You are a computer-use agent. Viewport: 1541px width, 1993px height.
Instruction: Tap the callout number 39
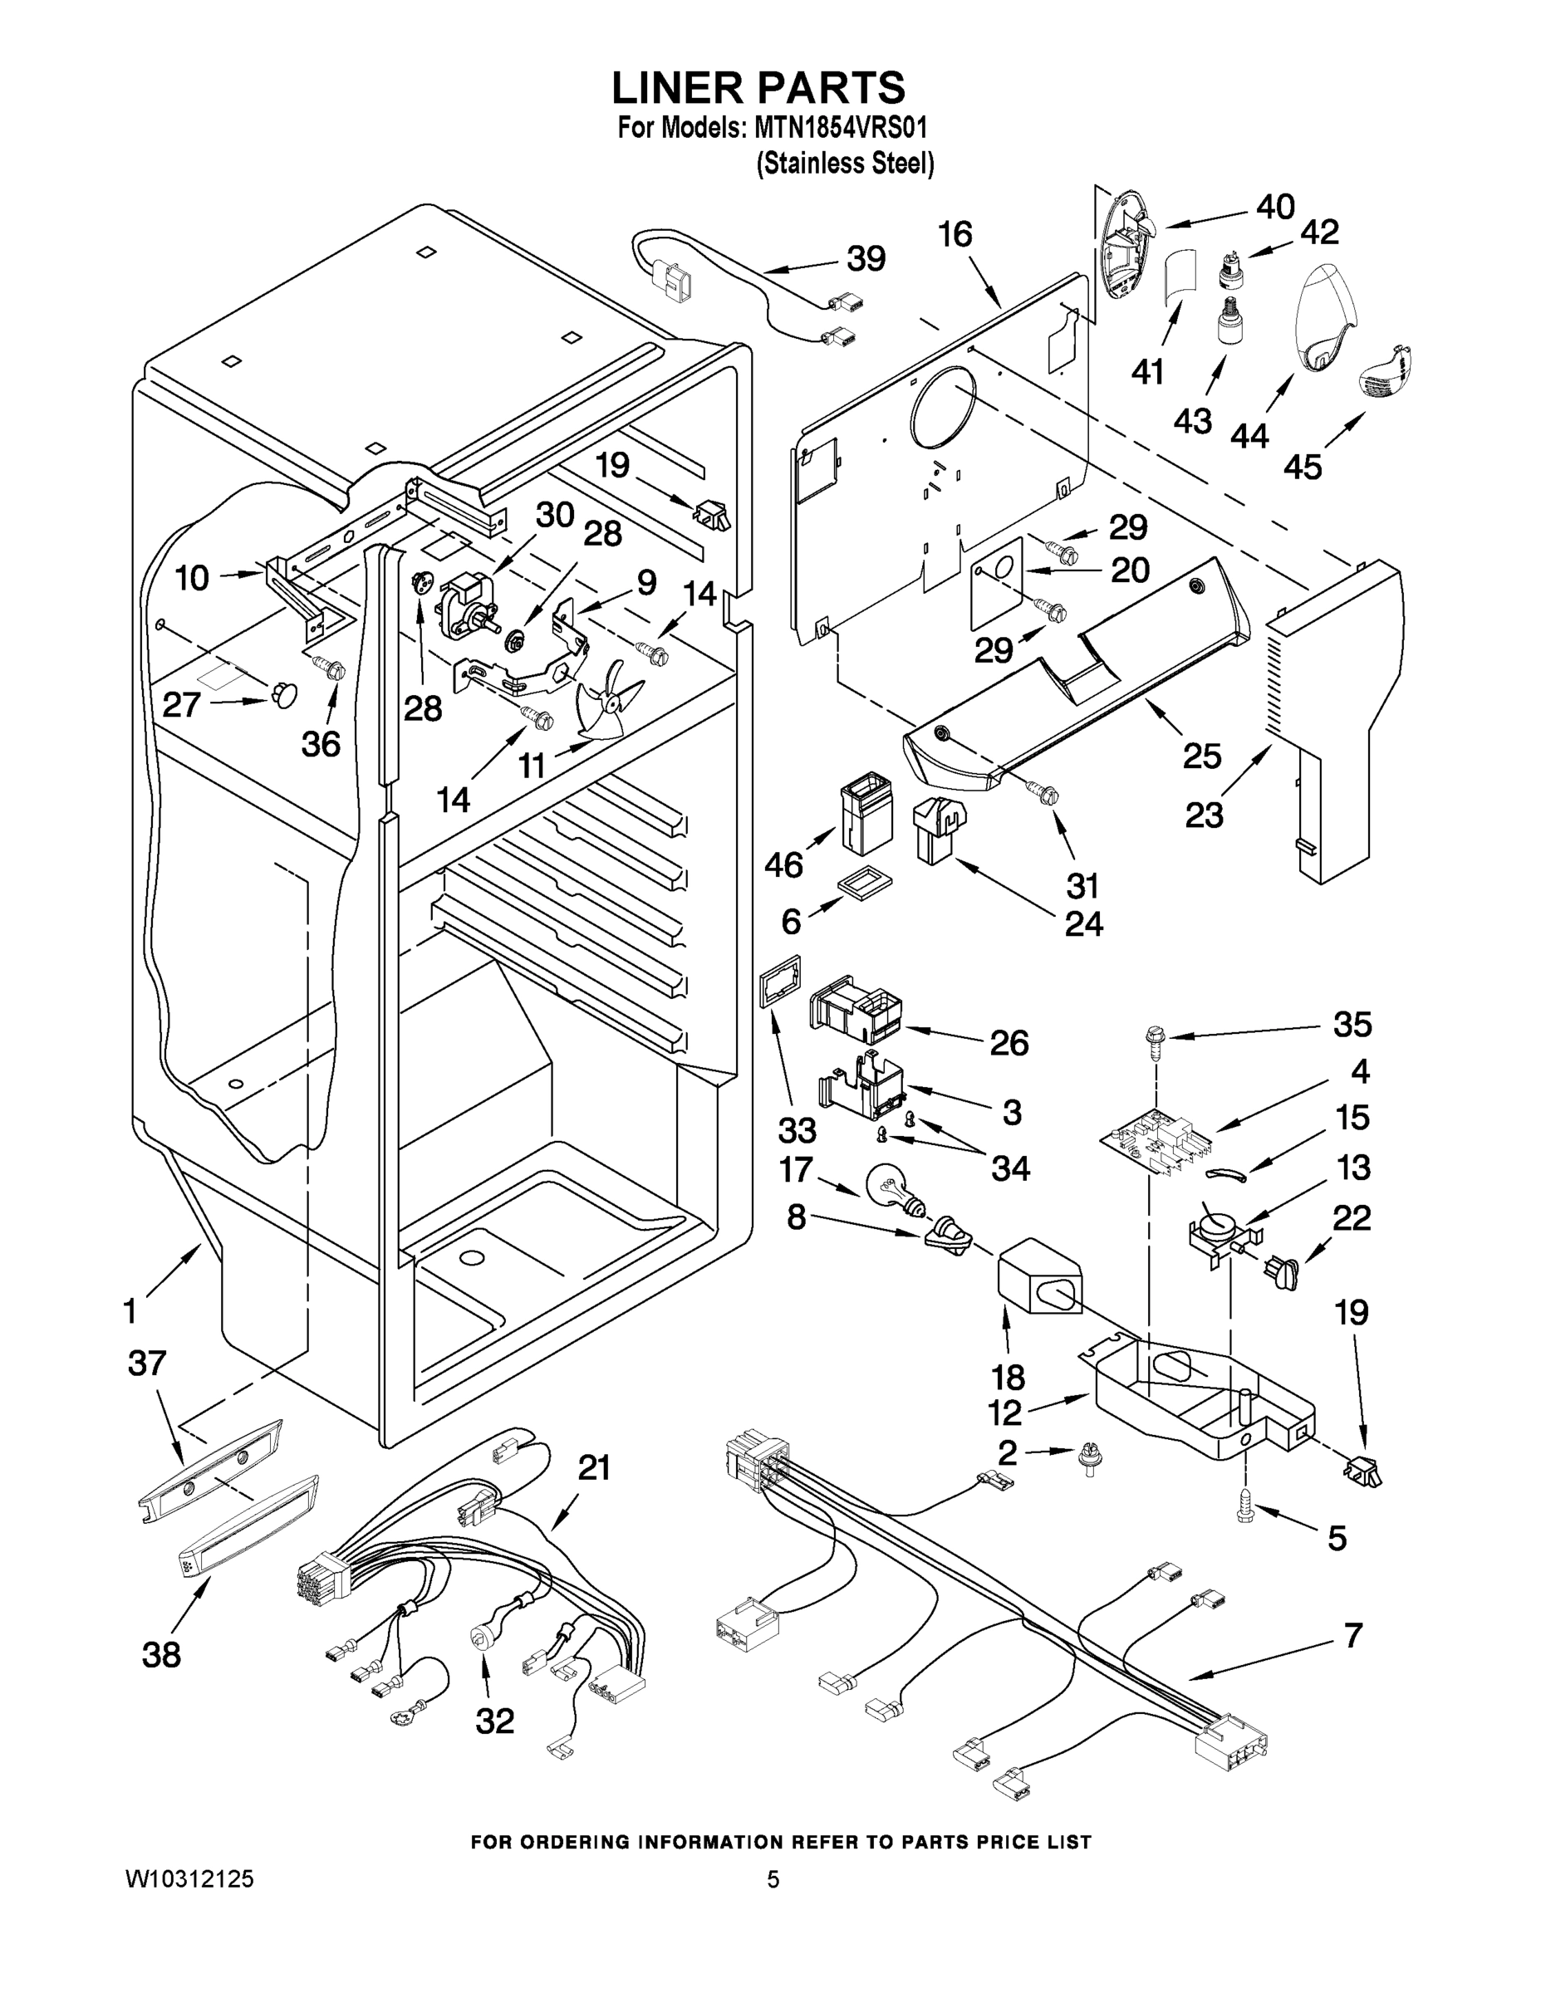[x=866, y=259]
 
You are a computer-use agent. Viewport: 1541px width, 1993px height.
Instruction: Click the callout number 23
[x=1203, y=814]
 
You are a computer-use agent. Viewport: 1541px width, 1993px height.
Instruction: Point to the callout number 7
[x=1352, y=1634]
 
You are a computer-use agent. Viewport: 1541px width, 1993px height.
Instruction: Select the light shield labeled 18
[x=1039, y=1276]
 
